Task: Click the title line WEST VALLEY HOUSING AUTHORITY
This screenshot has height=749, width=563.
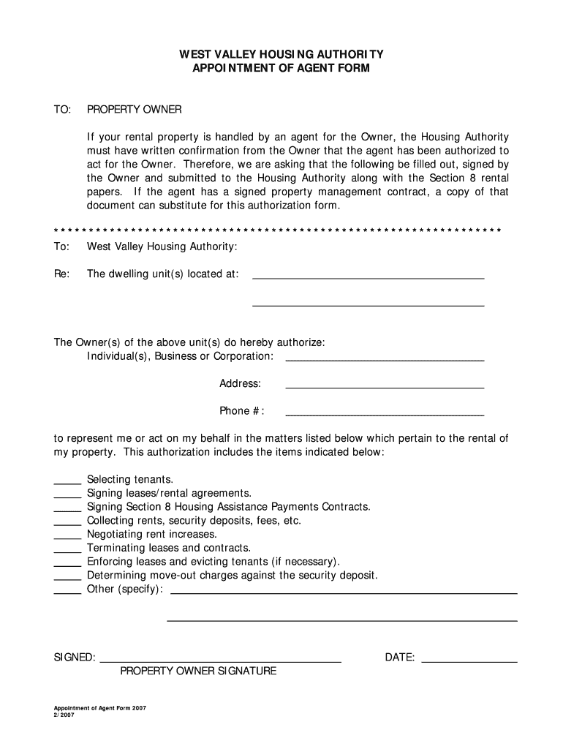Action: (x=281, y=54)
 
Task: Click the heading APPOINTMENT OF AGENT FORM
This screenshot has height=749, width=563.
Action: (x=281, y=68)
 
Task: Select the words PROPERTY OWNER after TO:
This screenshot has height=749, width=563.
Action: (x=134, y=110)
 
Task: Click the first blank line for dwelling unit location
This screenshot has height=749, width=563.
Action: (x=368, y=277)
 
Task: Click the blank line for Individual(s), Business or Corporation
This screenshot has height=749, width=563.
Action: (x=384, y=359)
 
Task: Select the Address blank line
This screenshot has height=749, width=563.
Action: (x=384, y=386)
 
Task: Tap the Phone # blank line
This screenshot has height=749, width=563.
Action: (x=384, y=414)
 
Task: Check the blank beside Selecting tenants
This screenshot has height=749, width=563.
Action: (x=67, y=483)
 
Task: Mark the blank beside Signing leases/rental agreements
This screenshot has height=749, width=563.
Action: (x=67, y=497)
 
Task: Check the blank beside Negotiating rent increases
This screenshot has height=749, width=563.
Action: (x=67, y=538)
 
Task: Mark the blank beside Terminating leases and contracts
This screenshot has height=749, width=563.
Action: (x=67, y=552)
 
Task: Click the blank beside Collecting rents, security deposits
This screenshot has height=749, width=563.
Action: (x=67, y=524)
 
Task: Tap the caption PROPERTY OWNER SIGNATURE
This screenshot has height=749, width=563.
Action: (x=198, y=671)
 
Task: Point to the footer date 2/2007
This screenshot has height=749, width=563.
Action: (x=64, y=716)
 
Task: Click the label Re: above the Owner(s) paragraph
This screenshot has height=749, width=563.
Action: (x=61, y=274)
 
